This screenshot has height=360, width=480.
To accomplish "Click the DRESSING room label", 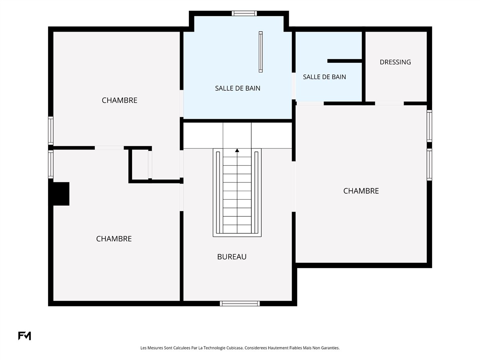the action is [395, 62].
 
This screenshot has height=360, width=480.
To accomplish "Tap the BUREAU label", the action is [232, 257].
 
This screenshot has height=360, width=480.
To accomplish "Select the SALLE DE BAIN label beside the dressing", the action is [324, 77].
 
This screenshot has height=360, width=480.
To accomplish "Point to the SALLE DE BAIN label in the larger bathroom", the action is [238, 88].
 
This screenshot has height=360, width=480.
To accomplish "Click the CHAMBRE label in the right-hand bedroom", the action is [361, 191].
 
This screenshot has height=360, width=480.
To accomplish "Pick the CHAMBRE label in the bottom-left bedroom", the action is [114, 239].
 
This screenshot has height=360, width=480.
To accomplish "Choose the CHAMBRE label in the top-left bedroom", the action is [119, 100].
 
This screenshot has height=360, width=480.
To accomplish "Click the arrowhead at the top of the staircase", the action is [237, 150].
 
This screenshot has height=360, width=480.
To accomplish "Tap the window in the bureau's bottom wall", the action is [240, 303].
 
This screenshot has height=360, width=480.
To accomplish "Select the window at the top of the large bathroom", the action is [244, 13].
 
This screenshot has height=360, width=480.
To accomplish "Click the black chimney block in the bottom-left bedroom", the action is [59, 194].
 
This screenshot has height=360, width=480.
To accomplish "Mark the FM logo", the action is [24, 336].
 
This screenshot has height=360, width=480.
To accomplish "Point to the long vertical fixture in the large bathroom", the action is [260, 52].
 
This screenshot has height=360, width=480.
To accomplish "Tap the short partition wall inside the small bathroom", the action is [345, 61].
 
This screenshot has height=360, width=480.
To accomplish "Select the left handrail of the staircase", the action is [218, 192].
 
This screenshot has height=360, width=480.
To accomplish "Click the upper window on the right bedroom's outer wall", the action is [429, 126].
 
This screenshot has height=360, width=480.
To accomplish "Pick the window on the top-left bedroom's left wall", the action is [51, 131].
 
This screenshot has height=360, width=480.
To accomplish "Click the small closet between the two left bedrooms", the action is [140, 164].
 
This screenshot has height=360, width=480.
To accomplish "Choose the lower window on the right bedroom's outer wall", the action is [429, 164].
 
